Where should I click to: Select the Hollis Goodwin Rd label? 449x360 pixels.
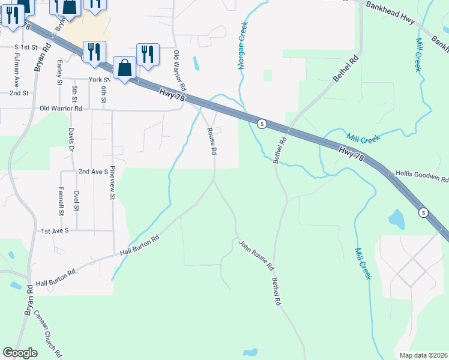[422, 178]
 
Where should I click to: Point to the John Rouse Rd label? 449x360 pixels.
[257, 255]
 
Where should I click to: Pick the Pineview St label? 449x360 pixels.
[112, 184]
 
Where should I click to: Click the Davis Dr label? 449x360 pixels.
[71, 139]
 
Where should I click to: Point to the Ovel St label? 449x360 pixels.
[76, 201]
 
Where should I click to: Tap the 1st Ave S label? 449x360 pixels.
[55, 230]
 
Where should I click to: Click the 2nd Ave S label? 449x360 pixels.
[92, 171]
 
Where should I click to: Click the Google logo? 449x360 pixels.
[20, 353]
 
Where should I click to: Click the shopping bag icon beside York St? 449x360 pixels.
[124, 68]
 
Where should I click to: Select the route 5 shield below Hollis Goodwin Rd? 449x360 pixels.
[423, 212]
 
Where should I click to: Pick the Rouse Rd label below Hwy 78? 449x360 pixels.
[211, 142]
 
